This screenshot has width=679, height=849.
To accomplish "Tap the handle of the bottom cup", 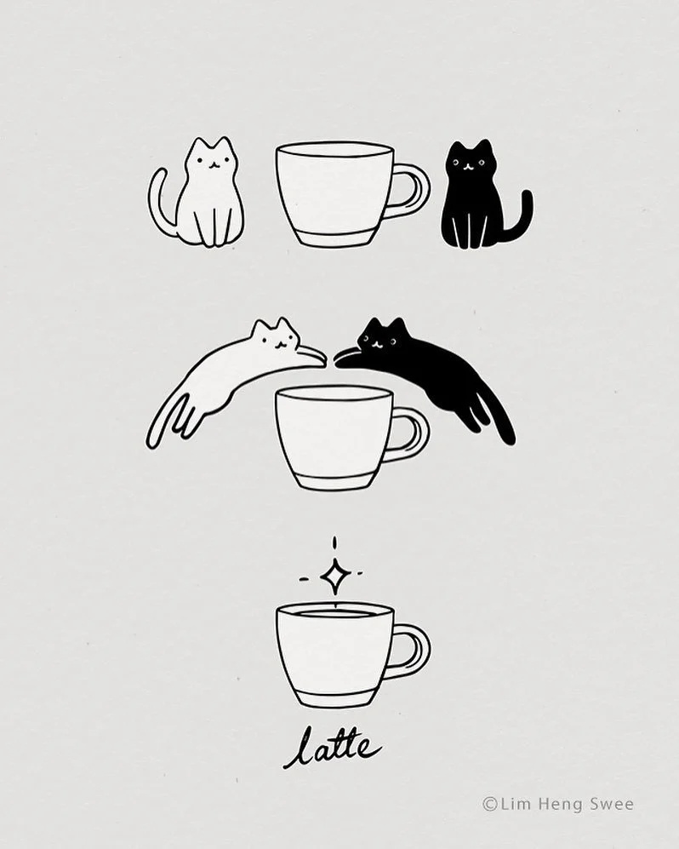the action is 418,650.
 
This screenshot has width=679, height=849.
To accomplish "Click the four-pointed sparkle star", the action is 334,577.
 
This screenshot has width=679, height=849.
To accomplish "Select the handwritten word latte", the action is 332,748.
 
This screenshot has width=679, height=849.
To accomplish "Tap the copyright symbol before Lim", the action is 489,805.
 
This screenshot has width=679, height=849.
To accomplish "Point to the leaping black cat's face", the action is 380,338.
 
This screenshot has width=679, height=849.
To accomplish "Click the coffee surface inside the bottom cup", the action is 334,613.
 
